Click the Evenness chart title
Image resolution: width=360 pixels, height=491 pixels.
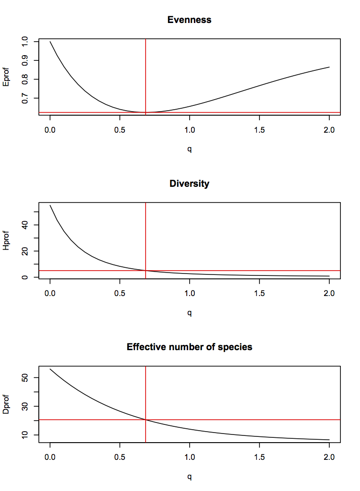pos(189,20)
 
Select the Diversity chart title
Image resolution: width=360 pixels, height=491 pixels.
pos(189,183)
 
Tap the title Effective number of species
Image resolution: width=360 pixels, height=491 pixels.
pos(189,347)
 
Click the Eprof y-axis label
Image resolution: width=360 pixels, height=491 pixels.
pos(6,77)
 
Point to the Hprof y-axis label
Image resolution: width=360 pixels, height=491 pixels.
pos(6,240)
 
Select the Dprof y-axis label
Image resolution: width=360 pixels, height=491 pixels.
pos(6,404)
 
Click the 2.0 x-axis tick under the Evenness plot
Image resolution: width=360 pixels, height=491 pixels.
pos(329,130)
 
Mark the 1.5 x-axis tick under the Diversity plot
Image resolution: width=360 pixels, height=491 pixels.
pos(259,294)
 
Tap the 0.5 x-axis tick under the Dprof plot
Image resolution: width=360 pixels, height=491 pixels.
pos(120,457)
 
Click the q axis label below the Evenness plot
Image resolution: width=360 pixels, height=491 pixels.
pos(190,149)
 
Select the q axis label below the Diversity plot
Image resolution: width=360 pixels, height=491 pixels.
pos(190,313)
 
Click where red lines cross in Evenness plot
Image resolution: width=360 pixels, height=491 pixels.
pos(146,113)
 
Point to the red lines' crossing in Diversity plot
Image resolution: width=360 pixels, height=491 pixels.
pos(146,271)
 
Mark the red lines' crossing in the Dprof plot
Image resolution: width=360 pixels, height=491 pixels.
pos(146,420)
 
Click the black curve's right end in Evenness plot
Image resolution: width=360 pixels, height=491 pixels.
pos(329,67)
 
